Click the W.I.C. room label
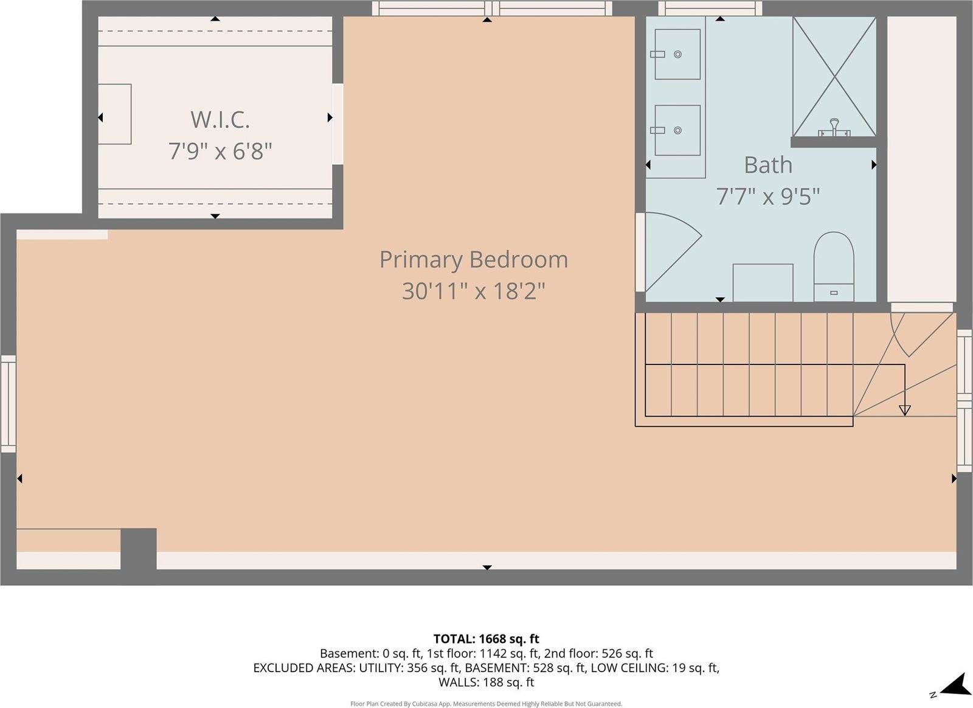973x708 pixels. pyautogui.click(x=220, y=119)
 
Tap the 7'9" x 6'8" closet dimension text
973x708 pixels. pyautogui.click(x=220, y=151)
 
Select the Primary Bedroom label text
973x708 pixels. pyautogui.click(x=473, y=260)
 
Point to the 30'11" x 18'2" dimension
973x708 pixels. pyautogui.click(x=473, y=291)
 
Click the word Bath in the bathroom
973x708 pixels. pyautogui.click(x=768, y=165)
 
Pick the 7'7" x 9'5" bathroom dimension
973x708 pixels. pyautogui.click(x=768, y=196)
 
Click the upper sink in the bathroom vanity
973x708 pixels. pyautogui.click(x=677, y=54)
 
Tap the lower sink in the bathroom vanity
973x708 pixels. pyautogui.click(x=677, y=130)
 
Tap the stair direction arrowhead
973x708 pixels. pyautogui.click(x=904, y=411)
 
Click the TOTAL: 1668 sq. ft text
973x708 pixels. pyautogui.click(x=486, y=639)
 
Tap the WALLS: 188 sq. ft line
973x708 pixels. pyautogui.click(x=486, y=682)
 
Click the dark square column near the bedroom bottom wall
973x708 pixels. pyautogui.click(x=139, y=549)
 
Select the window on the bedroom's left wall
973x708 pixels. pyautogui.click(x=8, y=404)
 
